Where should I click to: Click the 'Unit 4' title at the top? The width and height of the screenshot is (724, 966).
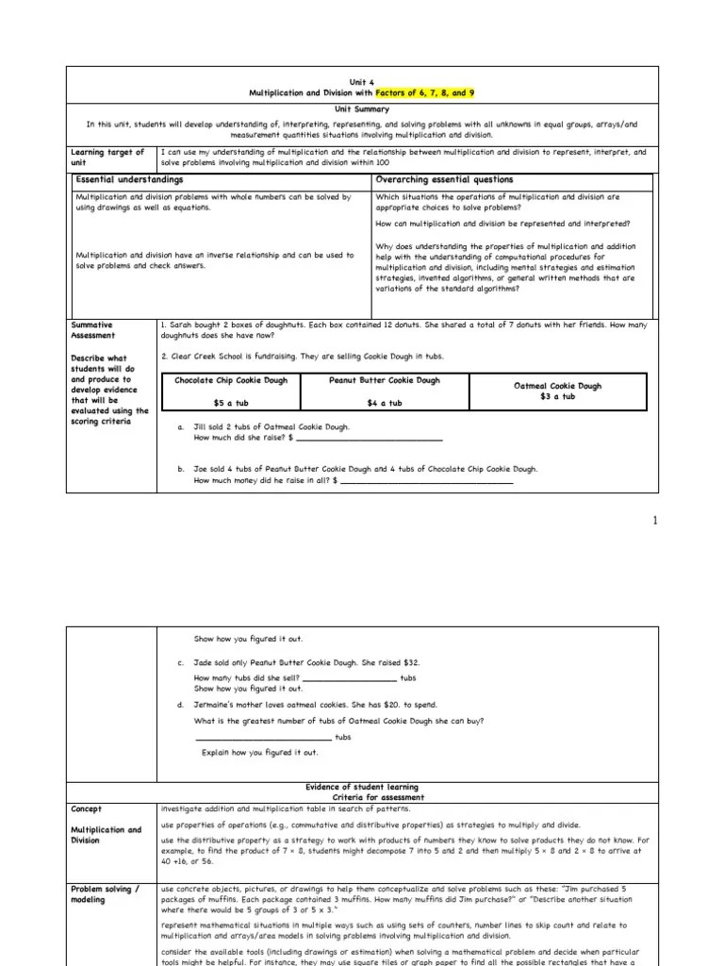[362, 81]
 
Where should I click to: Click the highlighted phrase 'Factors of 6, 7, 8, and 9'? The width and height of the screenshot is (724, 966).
[420, 94]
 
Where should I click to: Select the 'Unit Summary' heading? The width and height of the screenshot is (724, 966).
[362, 108]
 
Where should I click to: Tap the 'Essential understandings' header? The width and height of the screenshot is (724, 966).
[129, 179]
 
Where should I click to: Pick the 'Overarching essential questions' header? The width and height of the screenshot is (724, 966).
[444, 179]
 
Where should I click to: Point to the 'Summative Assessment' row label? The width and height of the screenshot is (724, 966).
[93, 329]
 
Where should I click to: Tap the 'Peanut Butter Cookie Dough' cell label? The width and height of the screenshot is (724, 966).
[384, 380]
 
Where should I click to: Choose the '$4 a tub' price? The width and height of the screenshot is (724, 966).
[384, 403]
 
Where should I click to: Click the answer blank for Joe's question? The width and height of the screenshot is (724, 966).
[426, 481]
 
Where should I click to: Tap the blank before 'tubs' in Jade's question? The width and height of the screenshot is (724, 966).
[350, 678]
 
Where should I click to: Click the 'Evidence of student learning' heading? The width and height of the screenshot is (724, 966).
[362, 787]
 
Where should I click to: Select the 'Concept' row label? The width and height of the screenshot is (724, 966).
[89, 808]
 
